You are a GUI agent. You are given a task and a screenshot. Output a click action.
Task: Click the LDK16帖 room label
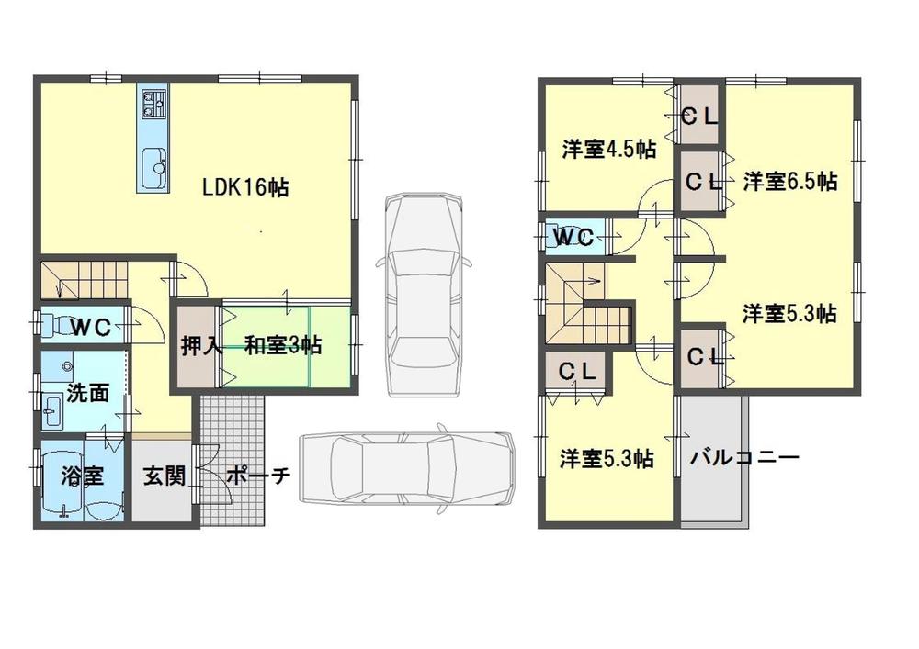[x=245, y=187]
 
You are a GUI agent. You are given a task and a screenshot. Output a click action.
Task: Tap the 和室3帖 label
[x=282, y=346]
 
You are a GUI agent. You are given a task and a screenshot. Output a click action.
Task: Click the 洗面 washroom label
[x=87, y=393]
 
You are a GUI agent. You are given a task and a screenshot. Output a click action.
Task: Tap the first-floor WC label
[x=91, y=326]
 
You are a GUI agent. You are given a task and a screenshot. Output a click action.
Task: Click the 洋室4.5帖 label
[x=608, y=149]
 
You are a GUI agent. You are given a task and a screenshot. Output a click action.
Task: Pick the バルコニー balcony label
[x=745, y=456]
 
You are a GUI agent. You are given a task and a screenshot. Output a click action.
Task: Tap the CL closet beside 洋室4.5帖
[x=699, y=117]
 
